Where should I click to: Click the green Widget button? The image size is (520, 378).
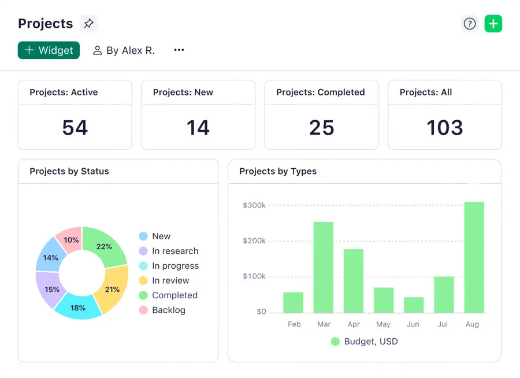click(x=49, y=50)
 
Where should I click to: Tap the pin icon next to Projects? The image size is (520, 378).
click(x=88, y=24)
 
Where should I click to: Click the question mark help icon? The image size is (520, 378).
click(x=470, y=24)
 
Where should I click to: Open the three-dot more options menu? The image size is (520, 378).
click(x=179, y=50)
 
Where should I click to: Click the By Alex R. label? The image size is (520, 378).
click(x=124, y=50)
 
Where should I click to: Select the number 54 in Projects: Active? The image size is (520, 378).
click(x=75, y=127)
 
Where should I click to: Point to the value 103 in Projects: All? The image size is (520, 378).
click(x=445, y=127)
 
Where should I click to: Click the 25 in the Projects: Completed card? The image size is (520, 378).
click(x=322, y=127)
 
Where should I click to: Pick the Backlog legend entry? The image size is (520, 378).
click(x=162, y=310)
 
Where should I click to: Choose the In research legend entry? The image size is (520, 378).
click(x=169, y=251)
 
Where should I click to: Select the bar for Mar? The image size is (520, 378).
click(x=324, y=267)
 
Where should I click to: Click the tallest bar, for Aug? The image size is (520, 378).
click(x=474, y=257)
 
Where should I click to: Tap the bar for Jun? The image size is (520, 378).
click(x=414, y=305)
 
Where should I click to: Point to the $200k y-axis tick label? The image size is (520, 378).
click(x=254, y=240)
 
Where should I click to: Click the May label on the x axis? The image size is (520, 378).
click(x=384, y=324)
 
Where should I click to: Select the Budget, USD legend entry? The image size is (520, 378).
click(x=365, y=341)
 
